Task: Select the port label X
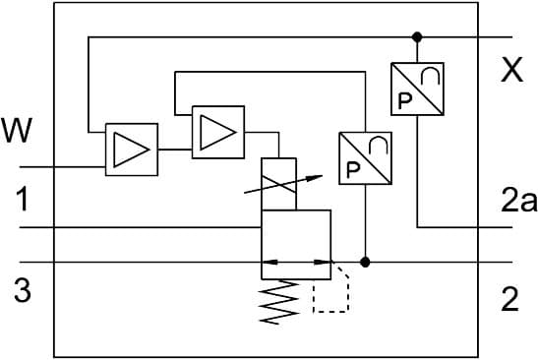click(510, 71)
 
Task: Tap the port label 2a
click(517, 202)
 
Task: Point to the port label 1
click(22, 202)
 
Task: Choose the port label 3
click(23, 291)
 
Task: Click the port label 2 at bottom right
click(508, 299)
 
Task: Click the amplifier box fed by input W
click(132, 150)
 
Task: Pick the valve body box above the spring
click(295, 243)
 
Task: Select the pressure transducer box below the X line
click(417, 89)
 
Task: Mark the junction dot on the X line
click(417, 37)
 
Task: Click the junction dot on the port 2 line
click(365, 263)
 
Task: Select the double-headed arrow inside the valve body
click(295, 263)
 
